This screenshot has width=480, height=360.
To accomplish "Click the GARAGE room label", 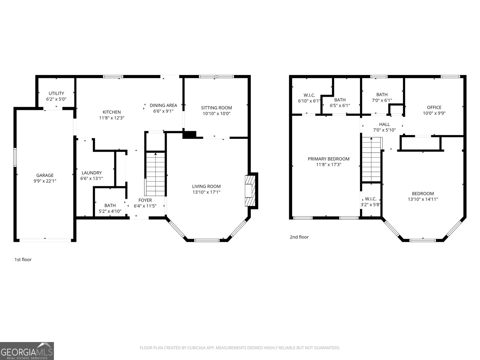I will click(45, 175).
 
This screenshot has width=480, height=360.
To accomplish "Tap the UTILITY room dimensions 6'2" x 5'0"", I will click(56, 99).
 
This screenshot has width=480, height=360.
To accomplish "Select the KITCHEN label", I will click(112, 112).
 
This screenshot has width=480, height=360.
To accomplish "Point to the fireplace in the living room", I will click(249, 190).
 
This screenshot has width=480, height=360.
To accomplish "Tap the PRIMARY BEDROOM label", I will click(328, 159).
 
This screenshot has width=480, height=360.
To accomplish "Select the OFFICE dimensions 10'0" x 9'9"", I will click(434, 113).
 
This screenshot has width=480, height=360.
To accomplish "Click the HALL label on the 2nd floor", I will click(384, 124).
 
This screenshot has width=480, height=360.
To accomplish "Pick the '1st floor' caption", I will click(23, 259).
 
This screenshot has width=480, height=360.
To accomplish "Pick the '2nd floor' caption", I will click(299, 237).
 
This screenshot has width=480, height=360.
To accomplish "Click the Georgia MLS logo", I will click(27, 351).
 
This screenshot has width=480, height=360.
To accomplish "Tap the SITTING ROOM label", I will click(216, 108).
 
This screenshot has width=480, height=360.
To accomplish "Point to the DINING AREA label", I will click(163, 105).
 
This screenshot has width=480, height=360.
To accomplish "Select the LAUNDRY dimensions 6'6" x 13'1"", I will click(91, 178).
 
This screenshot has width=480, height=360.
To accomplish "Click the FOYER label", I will click(145, 200).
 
